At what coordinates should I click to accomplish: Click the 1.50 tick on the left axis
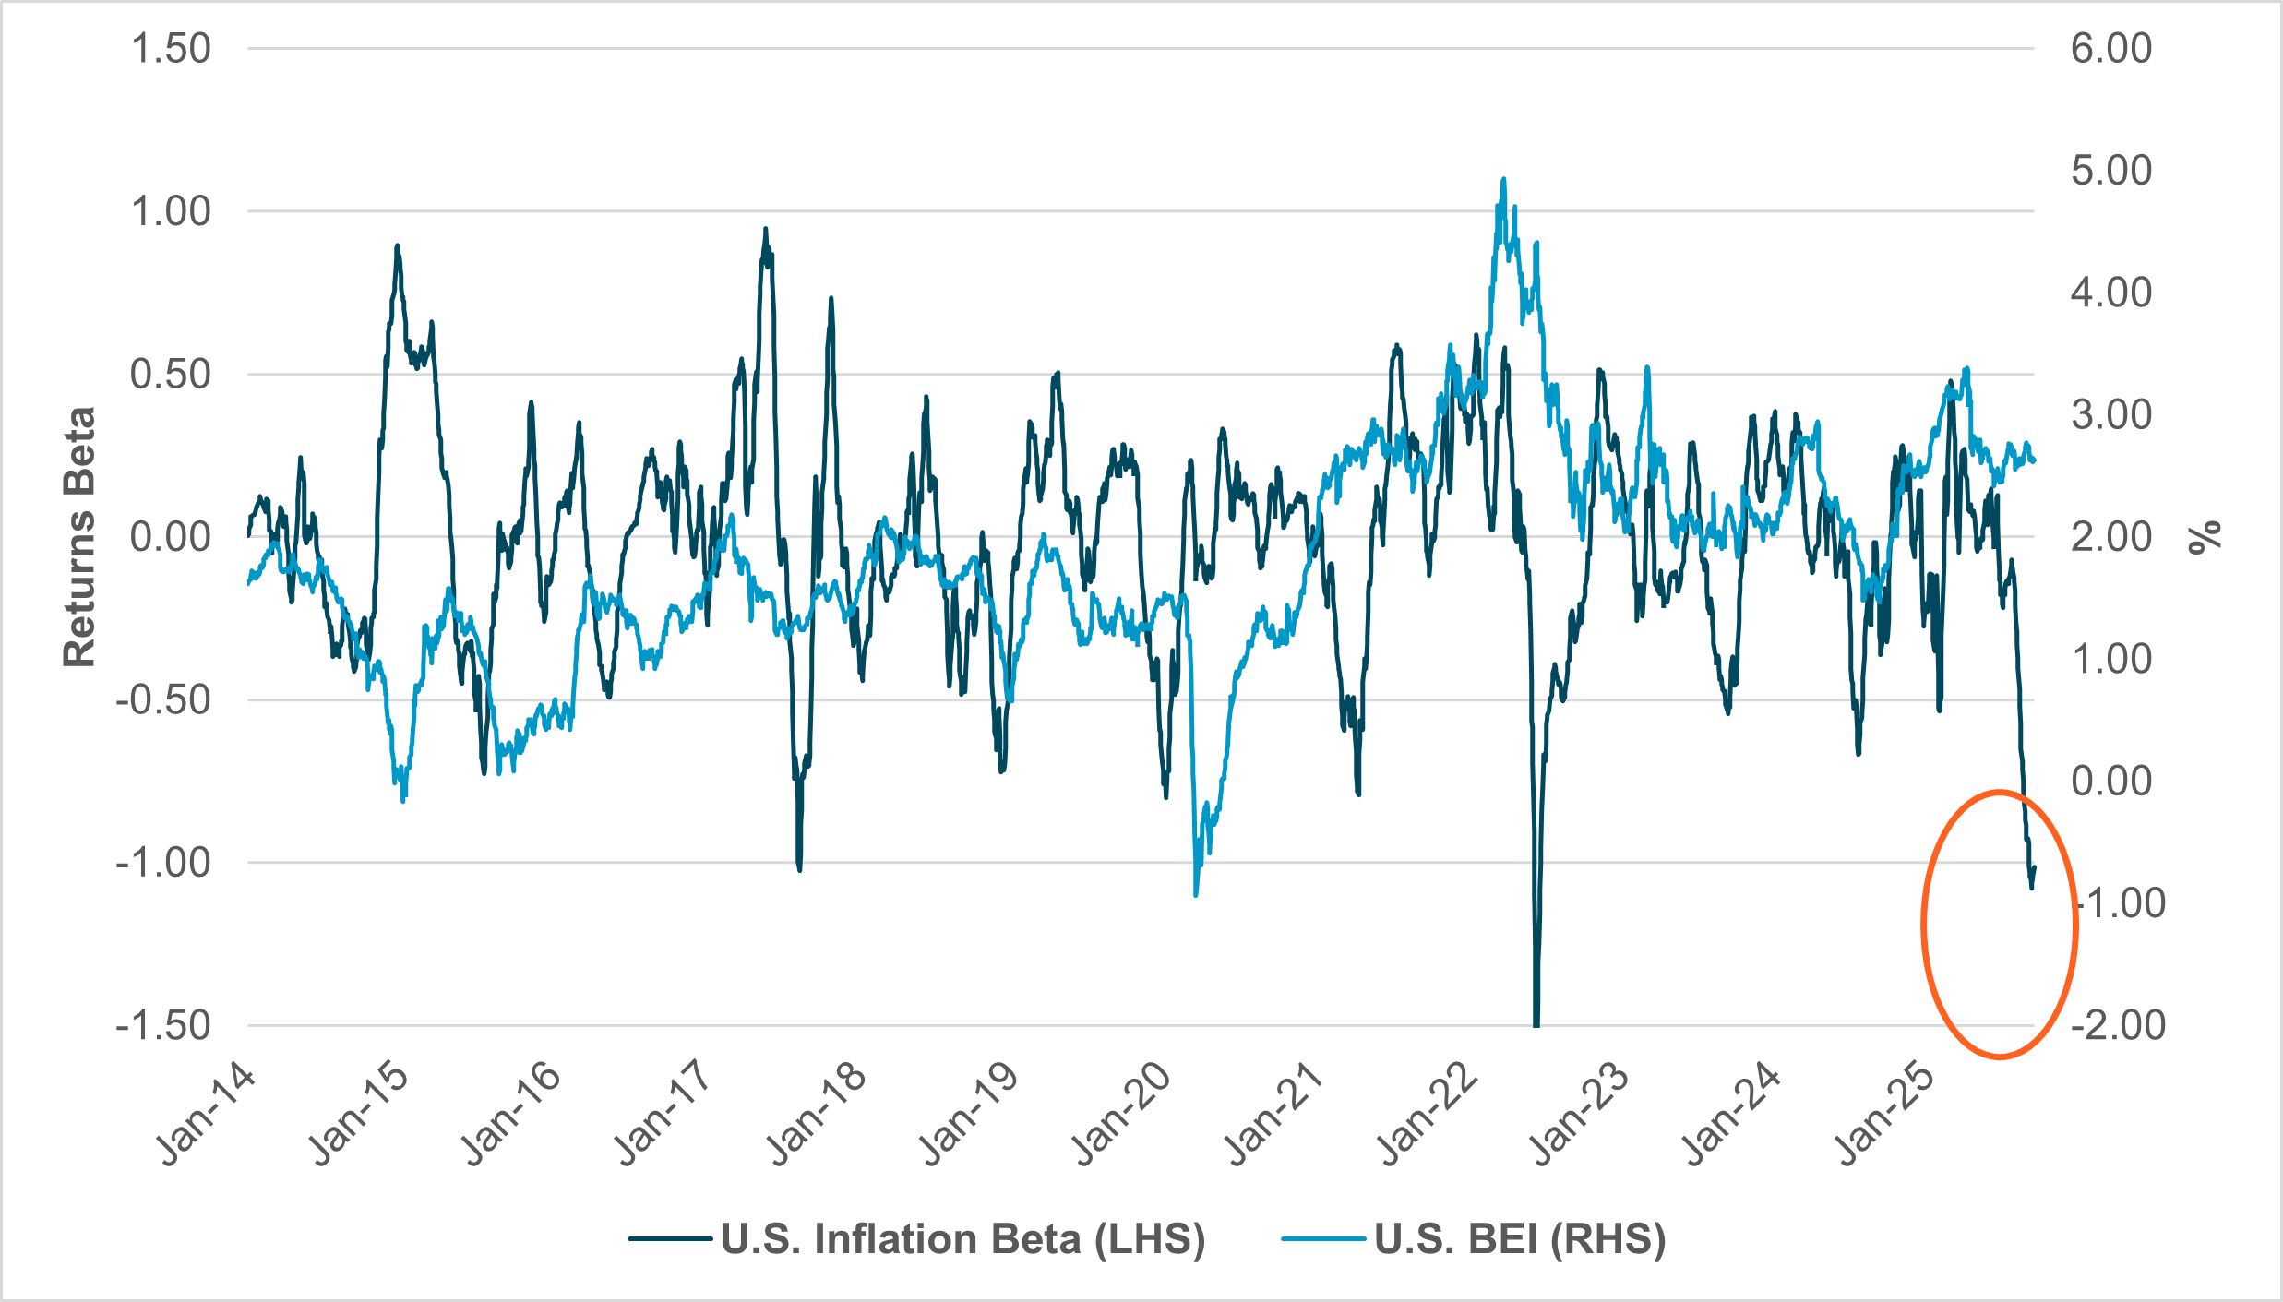pyautogui.click(x=171, y=49)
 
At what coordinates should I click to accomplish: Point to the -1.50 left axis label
pyautogui.click(x=162, y=1025)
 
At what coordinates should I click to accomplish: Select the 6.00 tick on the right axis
pyautogui.click(x=2111, y=49)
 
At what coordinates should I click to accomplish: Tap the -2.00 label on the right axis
pyautogui.click(x=2117, y=1025)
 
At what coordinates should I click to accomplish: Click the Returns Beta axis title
pyautogui.click(x=79, y=536)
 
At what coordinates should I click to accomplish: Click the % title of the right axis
pyautogui.click(x=2205, y=536)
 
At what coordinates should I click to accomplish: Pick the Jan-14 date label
pyautogui.click(x=207, y=1115)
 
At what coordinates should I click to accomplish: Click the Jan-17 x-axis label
pyautogui.click(x=663, y=1115)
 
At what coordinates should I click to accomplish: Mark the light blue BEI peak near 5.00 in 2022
pyautogui.click(x=1504, y=180)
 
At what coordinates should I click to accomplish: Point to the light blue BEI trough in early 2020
pyautogui.click(x=1196, y=893)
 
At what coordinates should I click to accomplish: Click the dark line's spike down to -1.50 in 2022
pyautogui.click(x=1536, y=1022)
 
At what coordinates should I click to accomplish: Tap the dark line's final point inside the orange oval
pyautogui.click(x=2034, y=867)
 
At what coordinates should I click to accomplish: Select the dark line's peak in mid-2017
pyautogui.click(x=765, y=229)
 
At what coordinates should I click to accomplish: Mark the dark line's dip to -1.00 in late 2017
pyautogui.click(x=799, y=868)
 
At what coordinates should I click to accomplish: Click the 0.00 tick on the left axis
pyautogui.click(x=171, y=536)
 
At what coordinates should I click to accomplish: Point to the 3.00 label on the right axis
pyautogui.click(x=2111, y=414)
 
